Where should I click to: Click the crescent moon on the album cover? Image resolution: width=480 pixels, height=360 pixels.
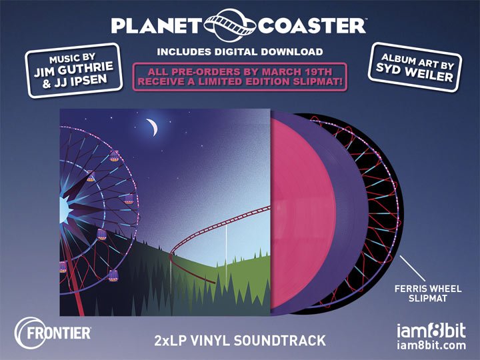coord(153,127)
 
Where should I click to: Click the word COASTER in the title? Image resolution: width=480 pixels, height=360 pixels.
coord(311,26)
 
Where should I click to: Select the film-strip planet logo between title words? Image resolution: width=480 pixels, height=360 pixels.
coord(229,25)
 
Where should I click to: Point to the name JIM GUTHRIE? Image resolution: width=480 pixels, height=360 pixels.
coord(73,69)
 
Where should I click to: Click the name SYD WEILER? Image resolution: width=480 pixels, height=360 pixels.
coord(415,72)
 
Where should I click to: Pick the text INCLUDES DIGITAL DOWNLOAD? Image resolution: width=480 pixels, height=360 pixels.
coord(240,52)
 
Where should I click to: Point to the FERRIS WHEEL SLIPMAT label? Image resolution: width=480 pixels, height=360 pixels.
coord(427,293)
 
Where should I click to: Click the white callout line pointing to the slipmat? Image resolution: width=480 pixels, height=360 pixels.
coord(413,269)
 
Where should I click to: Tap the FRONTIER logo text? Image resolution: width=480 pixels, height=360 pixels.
coord(59,333)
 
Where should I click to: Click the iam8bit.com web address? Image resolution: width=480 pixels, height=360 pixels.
coord(431,345)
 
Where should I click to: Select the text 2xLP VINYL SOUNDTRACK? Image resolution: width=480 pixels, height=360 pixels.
coord(240,341)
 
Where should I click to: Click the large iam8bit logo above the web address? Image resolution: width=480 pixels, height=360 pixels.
coord(431,330)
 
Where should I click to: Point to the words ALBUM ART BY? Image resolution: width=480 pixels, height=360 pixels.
coord(417,61)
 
